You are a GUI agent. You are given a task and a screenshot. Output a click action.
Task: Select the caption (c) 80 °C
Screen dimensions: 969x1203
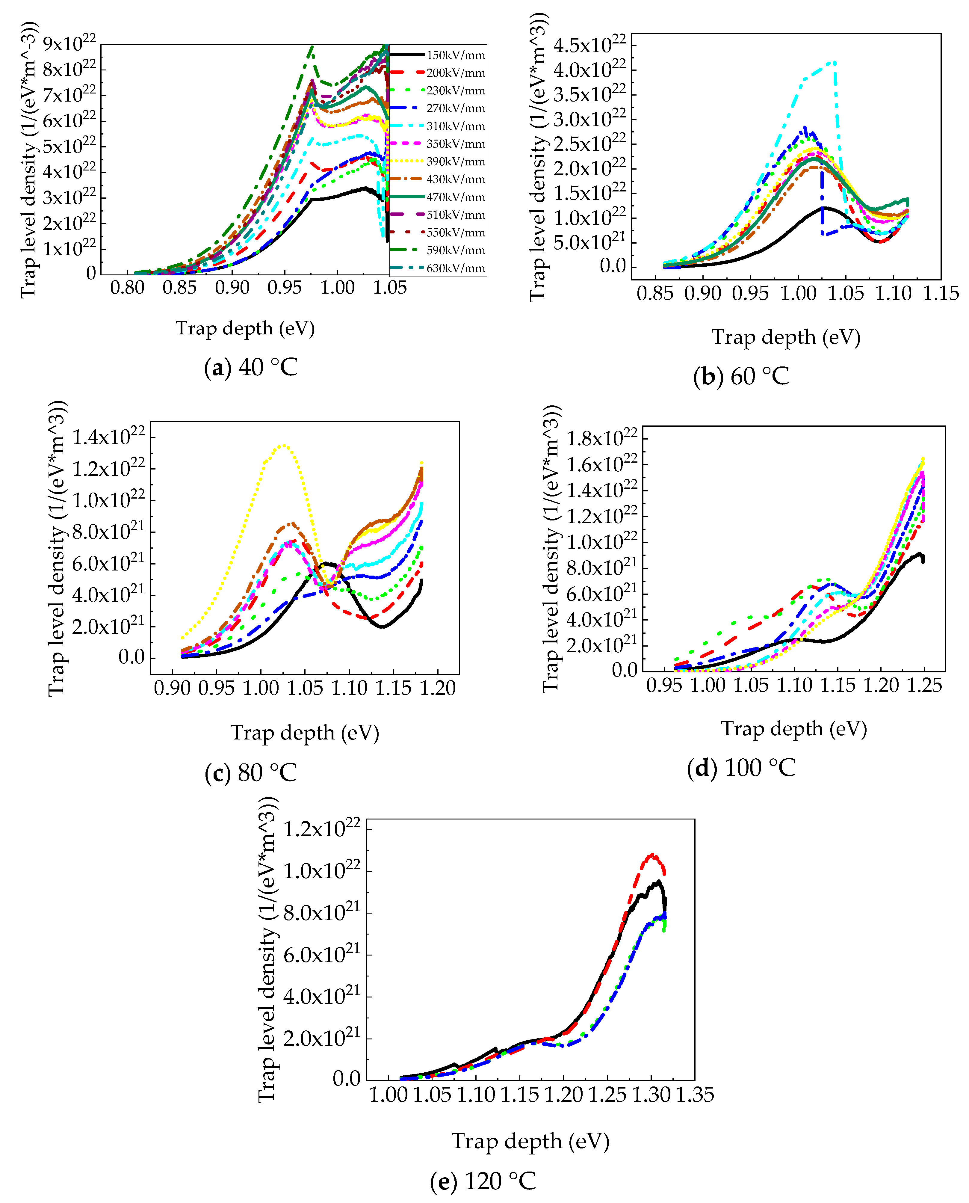[251, 773]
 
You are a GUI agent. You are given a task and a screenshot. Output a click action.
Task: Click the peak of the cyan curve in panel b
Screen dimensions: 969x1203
[834, 62]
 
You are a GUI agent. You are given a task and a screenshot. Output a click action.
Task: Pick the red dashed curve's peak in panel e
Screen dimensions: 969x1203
[651, 855]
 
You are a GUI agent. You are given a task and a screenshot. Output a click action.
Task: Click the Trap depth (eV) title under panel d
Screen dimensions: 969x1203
[794, 729]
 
